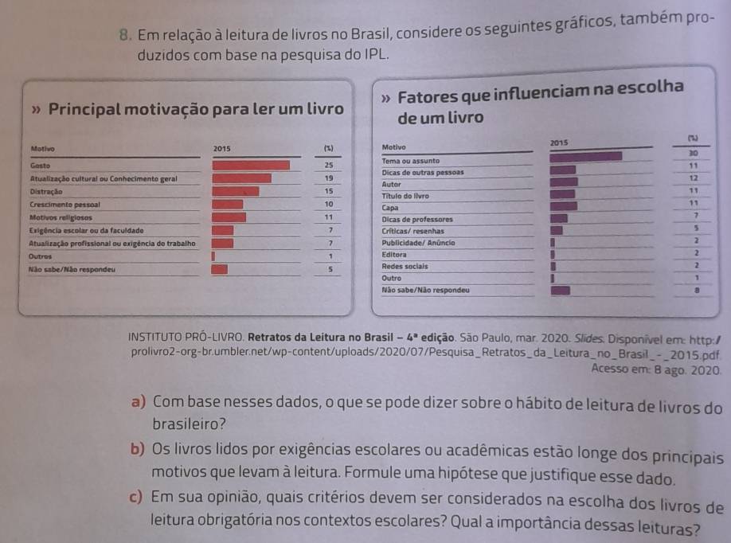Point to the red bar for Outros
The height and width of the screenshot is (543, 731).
pyautogui.click(x=213, y=256)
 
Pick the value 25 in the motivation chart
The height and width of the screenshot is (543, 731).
pyautogui.click(x=327, y=165)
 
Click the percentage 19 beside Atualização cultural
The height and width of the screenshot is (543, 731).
pyautogui.click(x=327, y=178)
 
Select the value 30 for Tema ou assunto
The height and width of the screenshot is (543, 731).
pyautogui.click(x=693, y=153)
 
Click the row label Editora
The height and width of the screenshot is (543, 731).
pyautogui.click(x=395, y=254)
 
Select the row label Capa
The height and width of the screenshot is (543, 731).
pyautogui.click(x=390, y=206)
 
